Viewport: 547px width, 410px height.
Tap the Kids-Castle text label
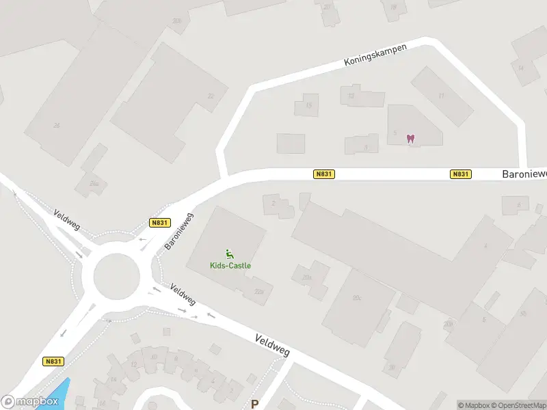(230, 265)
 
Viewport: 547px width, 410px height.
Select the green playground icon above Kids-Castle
(230, 254)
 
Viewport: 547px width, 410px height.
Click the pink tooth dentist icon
(410, 139)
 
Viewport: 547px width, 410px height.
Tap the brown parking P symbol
(255, 404)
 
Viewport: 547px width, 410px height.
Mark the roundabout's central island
(117, 277)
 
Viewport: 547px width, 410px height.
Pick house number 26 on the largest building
(56, 125)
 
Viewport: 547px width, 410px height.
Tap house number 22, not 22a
(211, 96)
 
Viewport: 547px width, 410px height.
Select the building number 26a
(94, 183)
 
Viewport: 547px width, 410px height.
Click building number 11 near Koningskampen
(442, 96)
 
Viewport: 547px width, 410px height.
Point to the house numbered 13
(351, 96)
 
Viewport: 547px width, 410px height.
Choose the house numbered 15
(308, 105)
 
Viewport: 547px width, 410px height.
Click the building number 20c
(356, 298)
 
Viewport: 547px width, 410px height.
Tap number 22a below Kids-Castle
(258, 292)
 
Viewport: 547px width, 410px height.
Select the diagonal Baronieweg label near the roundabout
(180, 231)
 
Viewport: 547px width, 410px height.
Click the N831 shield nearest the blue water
(53, 361)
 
